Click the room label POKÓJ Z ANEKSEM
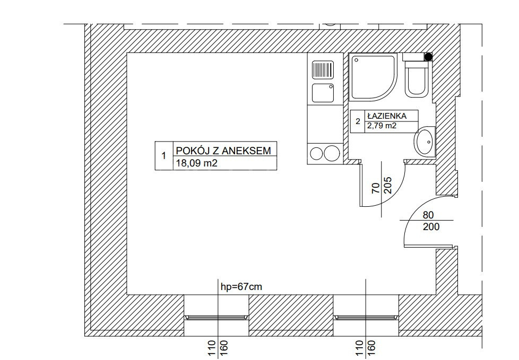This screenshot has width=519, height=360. (223, 151)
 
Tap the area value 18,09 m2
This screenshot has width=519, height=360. (196, 163)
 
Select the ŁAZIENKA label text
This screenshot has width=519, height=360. (386, 116)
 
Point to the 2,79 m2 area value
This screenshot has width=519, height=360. (382, 126)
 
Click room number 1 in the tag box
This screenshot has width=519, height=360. (163, 156)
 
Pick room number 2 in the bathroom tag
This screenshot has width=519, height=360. (358, 121)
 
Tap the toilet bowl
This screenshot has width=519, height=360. (417, 80)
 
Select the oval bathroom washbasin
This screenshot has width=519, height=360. (425, 142)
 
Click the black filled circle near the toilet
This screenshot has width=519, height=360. (428, 57)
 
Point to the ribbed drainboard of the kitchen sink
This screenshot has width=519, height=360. (323, 69)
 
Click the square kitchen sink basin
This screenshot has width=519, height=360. (323, 93)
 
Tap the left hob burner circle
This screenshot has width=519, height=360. (316, 153)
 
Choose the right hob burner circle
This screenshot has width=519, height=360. (332, 153)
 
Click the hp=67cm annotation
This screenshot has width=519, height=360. (241, 287)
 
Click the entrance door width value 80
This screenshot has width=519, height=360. (428, 215)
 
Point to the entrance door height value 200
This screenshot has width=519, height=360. (431, 226)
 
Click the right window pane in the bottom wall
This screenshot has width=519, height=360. (366, 318)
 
